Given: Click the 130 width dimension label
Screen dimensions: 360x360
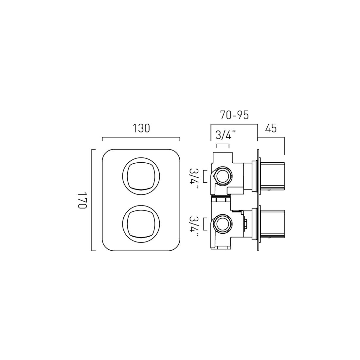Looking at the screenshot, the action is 141,128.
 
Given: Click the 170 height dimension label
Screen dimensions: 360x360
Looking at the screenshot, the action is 82,200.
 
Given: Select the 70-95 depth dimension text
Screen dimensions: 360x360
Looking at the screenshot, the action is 234,115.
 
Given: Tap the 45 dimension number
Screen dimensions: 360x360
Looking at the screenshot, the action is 271,129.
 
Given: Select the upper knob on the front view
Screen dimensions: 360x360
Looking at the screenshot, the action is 141,176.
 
